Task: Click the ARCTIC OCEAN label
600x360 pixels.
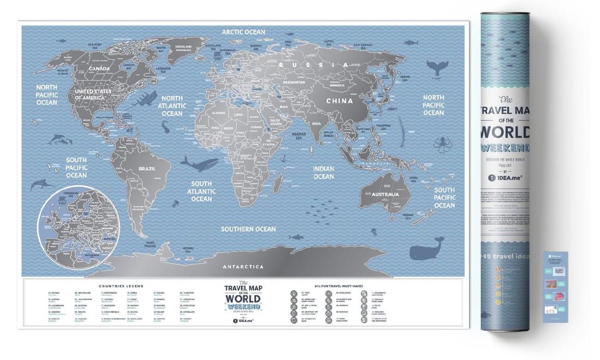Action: coord(243,32)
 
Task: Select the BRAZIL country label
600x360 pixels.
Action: coord(147,169)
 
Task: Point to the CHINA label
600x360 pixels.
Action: coord(339,101)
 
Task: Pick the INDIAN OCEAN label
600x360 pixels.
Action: coord(323,172)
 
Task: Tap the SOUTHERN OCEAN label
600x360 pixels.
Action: coord(248,229)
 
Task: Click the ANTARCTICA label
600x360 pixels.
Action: coord(243,267)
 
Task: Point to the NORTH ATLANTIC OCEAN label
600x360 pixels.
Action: coord(172,106)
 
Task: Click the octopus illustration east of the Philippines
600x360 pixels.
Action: coord(441,144)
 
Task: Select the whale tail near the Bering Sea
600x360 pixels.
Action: coord(437,68)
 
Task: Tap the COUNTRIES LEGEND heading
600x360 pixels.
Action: coord(121,285)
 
